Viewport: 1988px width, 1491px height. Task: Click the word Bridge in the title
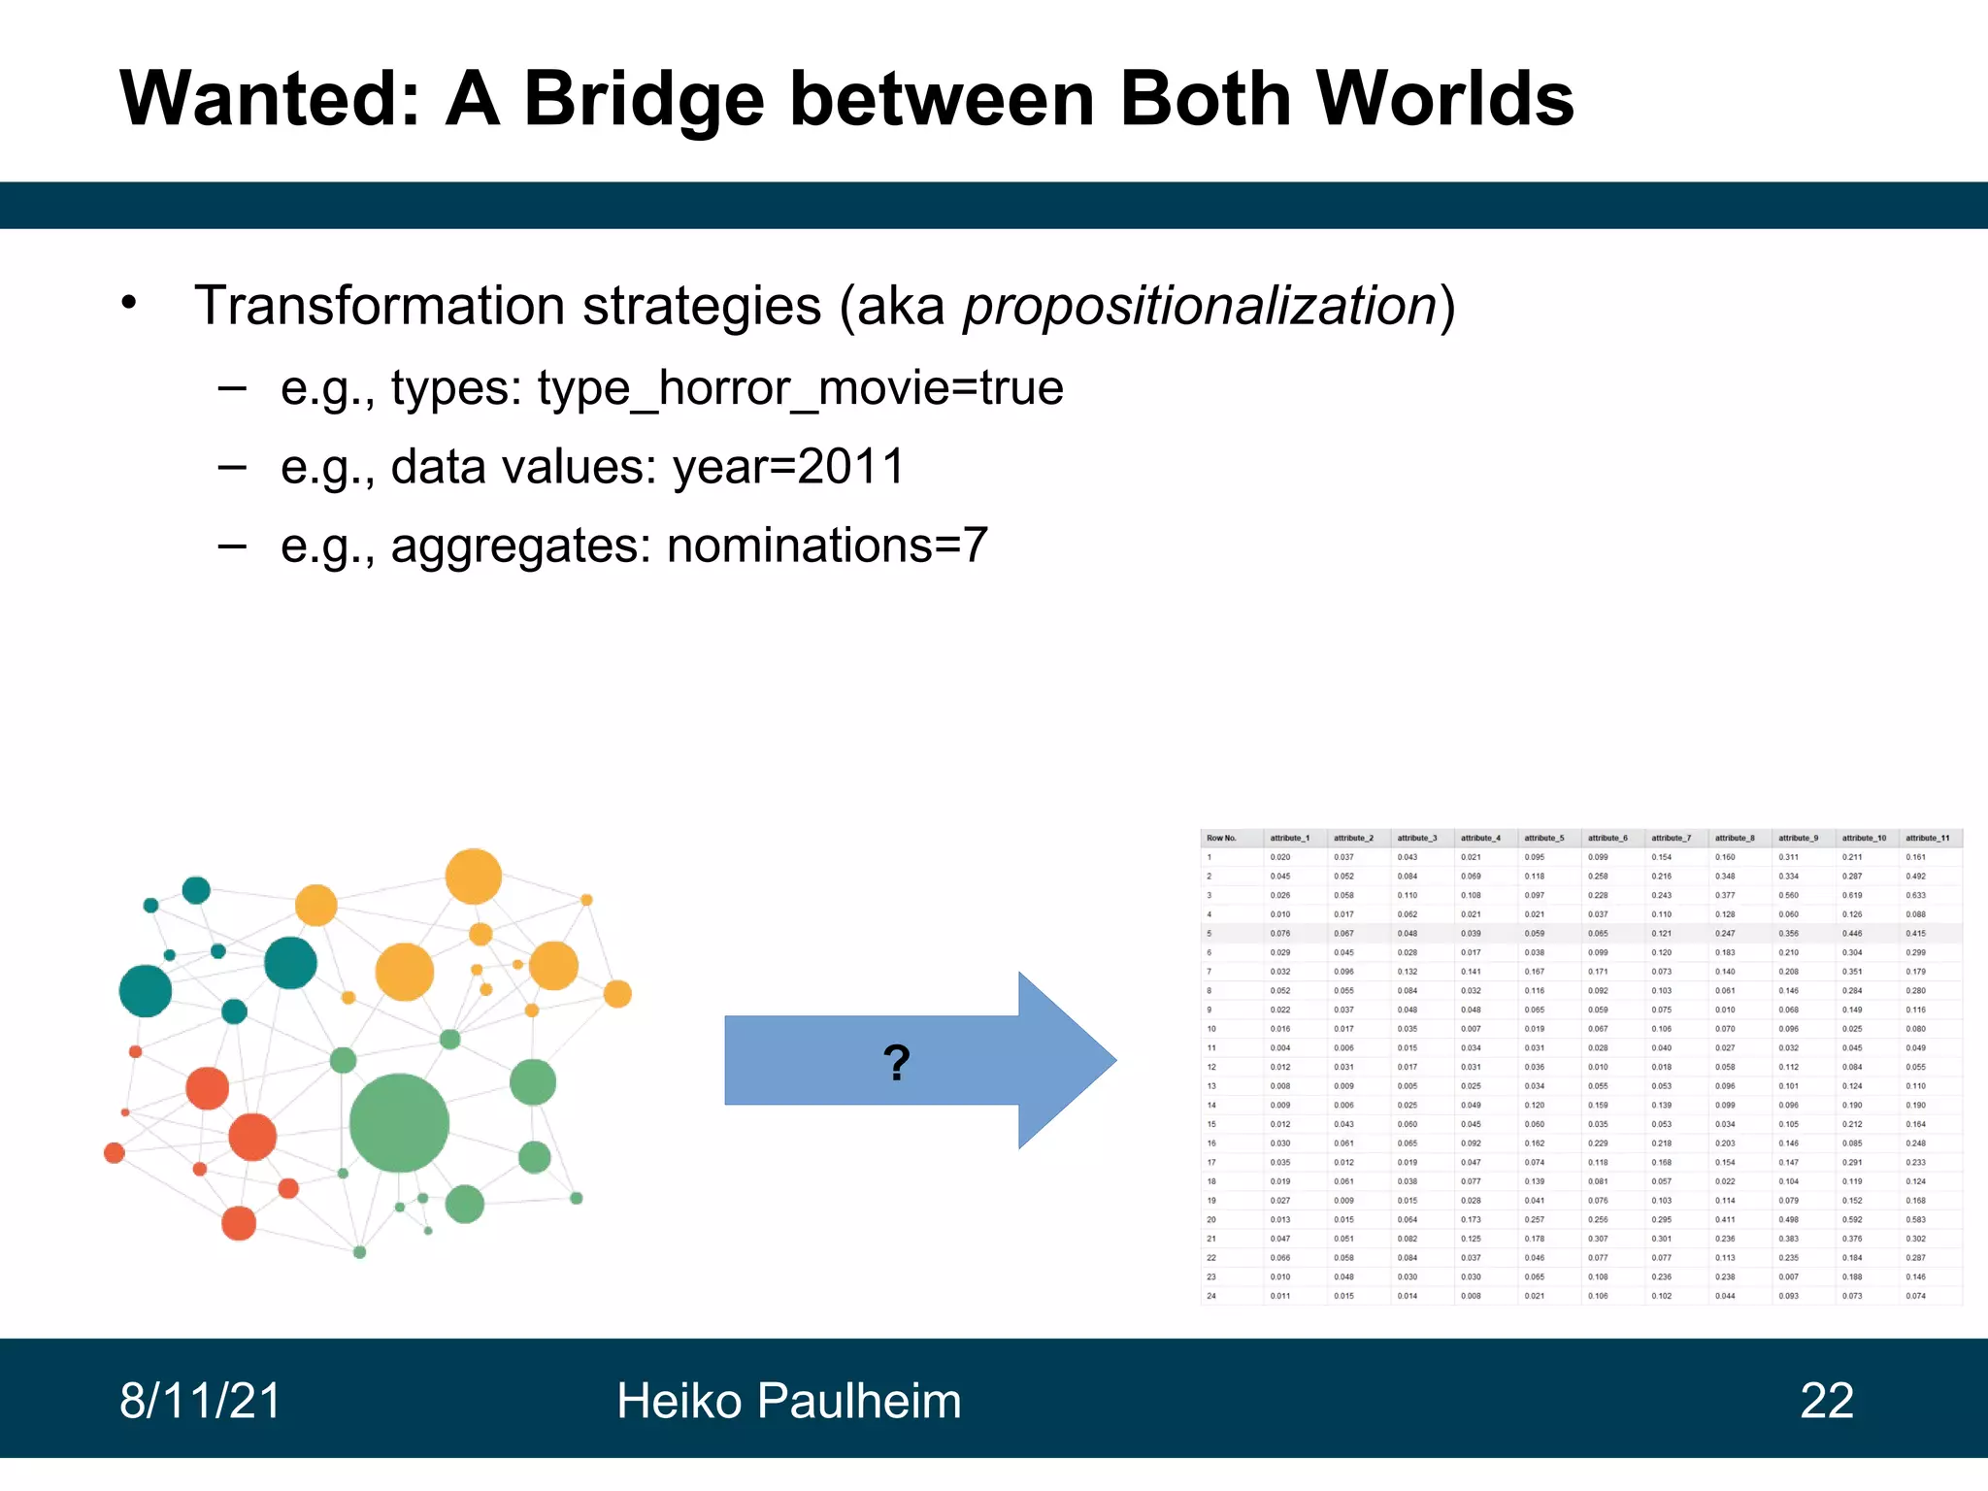click(644, 100)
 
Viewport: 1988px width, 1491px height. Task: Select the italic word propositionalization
click(1200, 306)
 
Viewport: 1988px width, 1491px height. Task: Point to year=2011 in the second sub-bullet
click(788, 467)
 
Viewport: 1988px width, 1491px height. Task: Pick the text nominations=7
click(827, 546)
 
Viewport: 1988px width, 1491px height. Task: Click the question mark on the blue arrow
click(896, 1063)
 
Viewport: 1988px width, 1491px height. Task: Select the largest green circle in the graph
click(399, 1123)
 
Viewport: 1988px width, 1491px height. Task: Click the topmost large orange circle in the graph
click(473, 876)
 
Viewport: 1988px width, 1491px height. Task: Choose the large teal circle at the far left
click(145, 991)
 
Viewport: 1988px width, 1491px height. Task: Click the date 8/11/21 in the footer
click(200, 1401)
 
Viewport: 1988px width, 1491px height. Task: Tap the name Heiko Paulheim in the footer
click(788, 1401)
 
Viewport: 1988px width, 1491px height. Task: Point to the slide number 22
click(1826, 1401)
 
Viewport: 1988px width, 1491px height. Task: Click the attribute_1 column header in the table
click(1289, 838)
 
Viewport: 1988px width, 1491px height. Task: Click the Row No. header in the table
click(1221, 838)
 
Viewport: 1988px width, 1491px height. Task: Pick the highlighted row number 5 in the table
click(1209, 934)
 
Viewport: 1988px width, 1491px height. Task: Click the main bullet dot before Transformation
click(130, 303)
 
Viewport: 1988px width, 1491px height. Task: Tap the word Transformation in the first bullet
click(379, 306)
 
